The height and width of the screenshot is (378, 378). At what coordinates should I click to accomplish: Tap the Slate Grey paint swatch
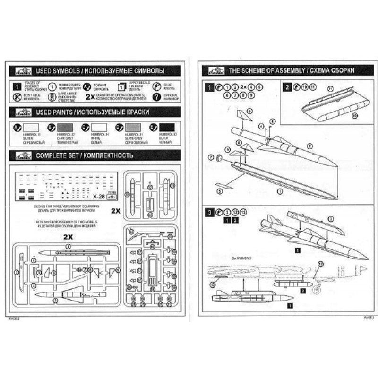(132, 127)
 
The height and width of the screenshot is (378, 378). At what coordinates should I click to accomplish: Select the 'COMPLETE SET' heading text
(85, 155)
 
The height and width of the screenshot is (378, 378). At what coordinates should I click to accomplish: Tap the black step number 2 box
(288, 86)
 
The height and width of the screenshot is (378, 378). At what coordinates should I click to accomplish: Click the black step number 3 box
(208, 212)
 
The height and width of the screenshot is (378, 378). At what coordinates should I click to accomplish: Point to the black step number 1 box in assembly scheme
(208, 87)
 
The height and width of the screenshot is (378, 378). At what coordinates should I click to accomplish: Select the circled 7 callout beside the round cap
(211, 156)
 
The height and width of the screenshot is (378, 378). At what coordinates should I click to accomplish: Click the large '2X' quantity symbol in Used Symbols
(92, 97)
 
